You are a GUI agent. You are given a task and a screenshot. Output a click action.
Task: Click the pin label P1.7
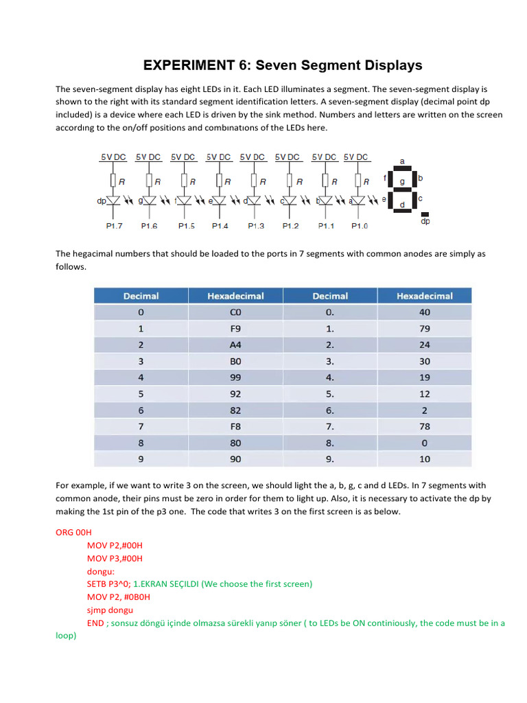114,226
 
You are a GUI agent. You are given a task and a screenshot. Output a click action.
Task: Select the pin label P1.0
359,226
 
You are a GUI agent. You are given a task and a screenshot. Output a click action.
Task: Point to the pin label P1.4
220,226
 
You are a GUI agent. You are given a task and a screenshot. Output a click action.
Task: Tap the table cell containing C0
235,312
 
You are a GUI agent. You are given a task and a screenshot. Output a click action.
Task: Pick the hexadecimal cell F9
235,328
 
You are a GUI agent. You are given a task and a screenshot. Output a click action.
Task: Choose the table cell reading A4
235,345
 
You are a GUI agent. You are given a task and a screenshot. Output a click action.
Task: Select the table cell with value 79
425,328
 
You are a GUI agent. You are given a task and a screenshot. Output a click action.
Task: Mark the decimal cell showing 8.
141,443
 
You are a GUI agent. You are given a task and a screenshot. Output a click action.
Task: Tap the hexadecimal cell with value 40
425,312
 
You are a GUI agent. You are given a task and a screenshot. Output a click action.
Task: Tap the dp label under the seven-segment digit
425,222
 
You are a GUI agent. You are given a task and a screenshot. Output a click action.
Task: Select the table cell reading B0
235,361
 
